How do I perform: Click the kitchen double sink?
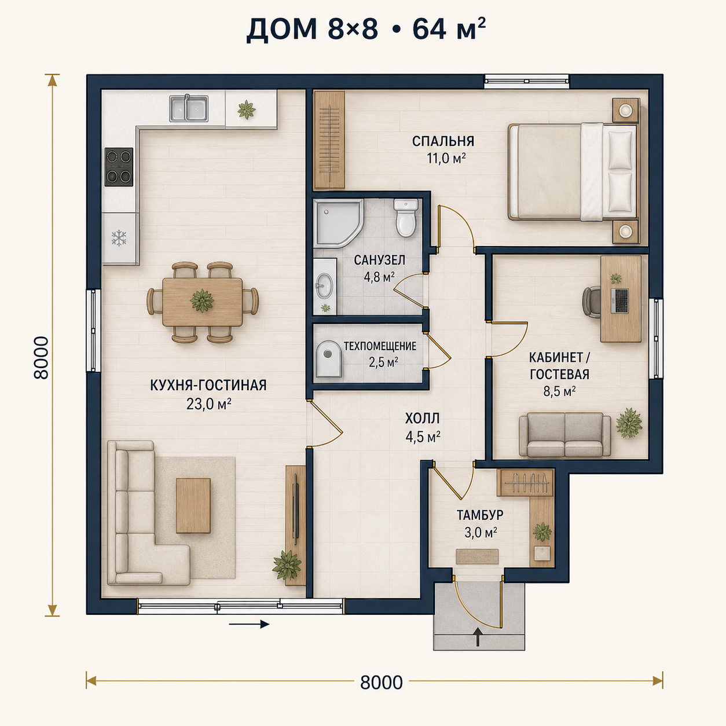point(189,108)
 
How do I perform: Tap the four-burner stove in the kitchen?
point(119,167)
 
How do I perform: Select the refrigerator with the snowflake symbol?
point(119,239)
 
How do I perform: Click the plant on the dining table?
point(202,300)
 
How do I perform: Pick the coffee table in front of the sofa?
point(193,505)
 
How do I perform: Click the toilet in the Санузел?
point(406,218)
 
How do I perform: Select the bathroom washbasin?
point(324,285)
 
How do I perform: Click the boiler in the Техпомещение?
point(328,359)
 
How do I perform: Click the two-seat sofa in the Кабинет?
point(564,435)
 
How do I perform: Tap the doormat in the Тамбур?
point(477,556)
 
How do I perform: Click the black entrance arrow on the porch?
point(478,637)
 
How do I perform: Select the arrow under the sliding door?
point(249,624)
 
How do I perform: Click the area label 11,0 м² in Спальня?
point(446,158)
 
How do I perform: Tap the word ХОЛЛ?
point(422,418)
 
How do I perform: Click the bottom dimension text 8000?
point(382,683)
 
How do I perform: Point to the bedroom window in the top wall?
point(526,81)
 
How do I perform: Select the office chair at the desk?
point(591,302)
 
